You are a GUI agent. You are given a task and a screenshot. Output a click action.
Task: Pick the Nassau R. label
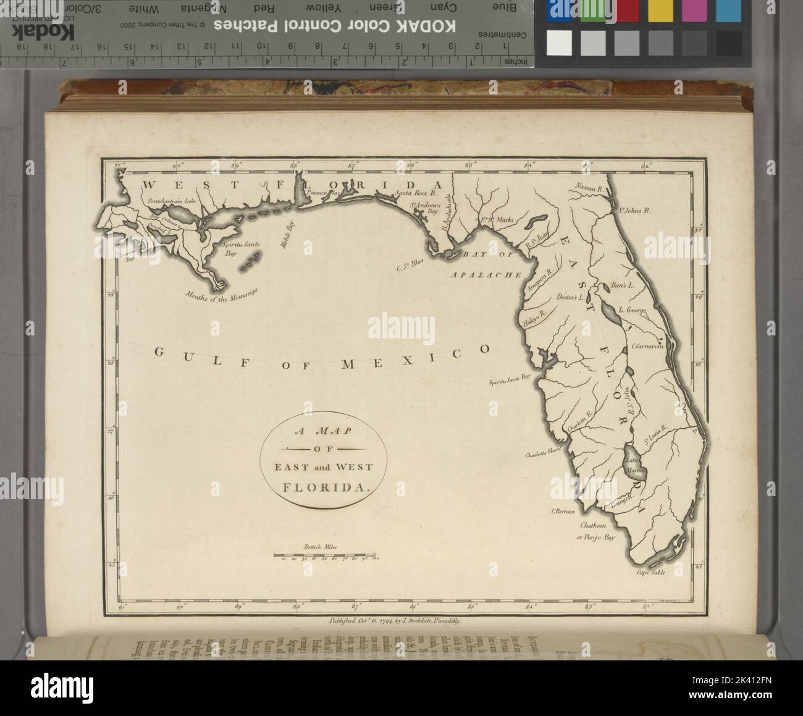tap(592, 187)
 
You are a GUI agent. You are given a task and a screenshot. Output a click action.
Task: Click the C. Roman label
tap(563, 512)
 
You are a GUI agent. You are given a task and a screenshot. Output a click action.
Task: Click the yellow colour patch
tap(660, 11)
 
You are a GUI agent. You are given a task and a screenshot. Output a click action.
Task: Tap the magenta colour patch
tap(694, 11)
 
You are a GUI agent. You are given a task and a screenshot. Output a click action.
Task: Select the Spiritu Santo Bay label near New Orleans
tap(240, 249)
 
